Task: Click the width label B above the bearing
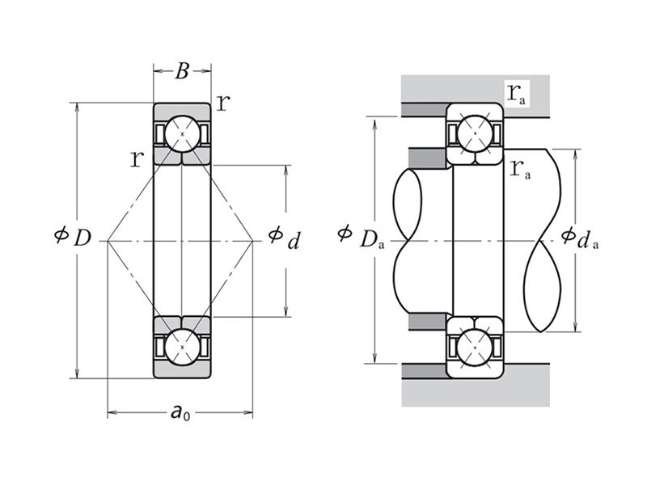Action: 182,72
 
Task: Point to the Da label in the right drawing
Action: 371,238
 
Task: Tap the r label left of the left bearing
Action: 137,158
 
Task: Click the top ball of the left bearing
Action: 182,133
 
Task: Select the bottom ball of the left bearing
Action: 182,347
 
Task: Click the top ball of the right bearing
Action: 476,133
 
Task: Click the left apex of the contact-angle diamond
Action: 108,240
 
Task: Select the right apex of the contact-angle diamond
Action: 253,240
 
